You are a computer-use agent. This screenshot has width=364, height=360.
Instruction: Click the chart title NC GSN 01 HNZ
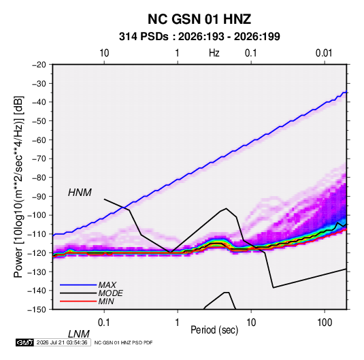[199, 19]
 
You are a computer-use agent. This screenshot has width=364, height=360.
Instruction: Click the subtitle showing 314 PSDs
[199, 37]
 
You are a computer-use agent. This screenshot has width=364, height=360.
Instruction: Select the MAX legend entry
[107, 284]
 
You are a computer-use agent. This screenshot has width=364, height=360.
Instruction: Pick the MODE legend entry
[110, 293]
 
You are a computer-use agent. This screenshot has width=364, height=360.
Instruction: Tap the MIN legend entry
[106, 301]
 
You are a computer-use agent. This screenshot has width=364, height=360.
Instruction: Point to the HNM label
[80, 193]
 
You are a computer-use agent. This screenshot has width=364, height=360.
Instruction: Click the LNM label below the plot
[79, 334]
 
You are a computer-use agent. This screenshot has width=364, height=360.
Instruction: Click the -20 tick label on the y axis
[39, 65]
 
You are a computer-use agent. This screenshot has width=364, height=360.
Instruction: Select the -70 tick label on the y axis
[39, 159]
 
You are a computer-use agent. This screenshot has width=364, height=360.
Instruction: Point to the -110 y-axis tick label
[37, 234]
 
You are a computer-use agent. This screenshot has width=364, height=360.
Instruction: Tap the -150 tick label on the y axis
[37, 310]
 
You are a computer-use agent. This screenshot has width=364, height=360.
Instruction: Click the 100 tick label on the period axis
[325, 323]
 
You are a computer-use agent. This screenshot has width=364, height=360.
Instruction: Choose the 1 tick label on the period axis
[178, 323]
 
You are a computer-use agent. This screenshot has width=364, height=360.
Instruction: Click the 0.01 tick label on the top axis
[324, 53]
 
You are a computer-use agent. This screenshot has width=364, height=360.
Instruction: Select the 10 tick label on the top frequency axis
[104, 53]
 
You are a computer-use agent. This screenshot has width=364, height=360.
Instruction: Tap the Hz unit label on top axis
[214, 53]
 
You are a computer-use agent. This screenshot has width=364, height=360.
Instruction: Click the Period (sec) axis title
[214, 330]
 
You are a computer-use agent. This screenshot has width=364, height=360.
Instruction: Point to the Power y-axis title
[18, 186]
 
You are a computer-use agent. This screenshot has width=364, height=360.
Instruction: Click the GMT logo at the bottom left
[25, 342]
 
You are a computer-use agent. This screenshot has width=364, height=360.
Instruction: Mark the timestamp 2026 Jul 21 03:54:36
[62, 342]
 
